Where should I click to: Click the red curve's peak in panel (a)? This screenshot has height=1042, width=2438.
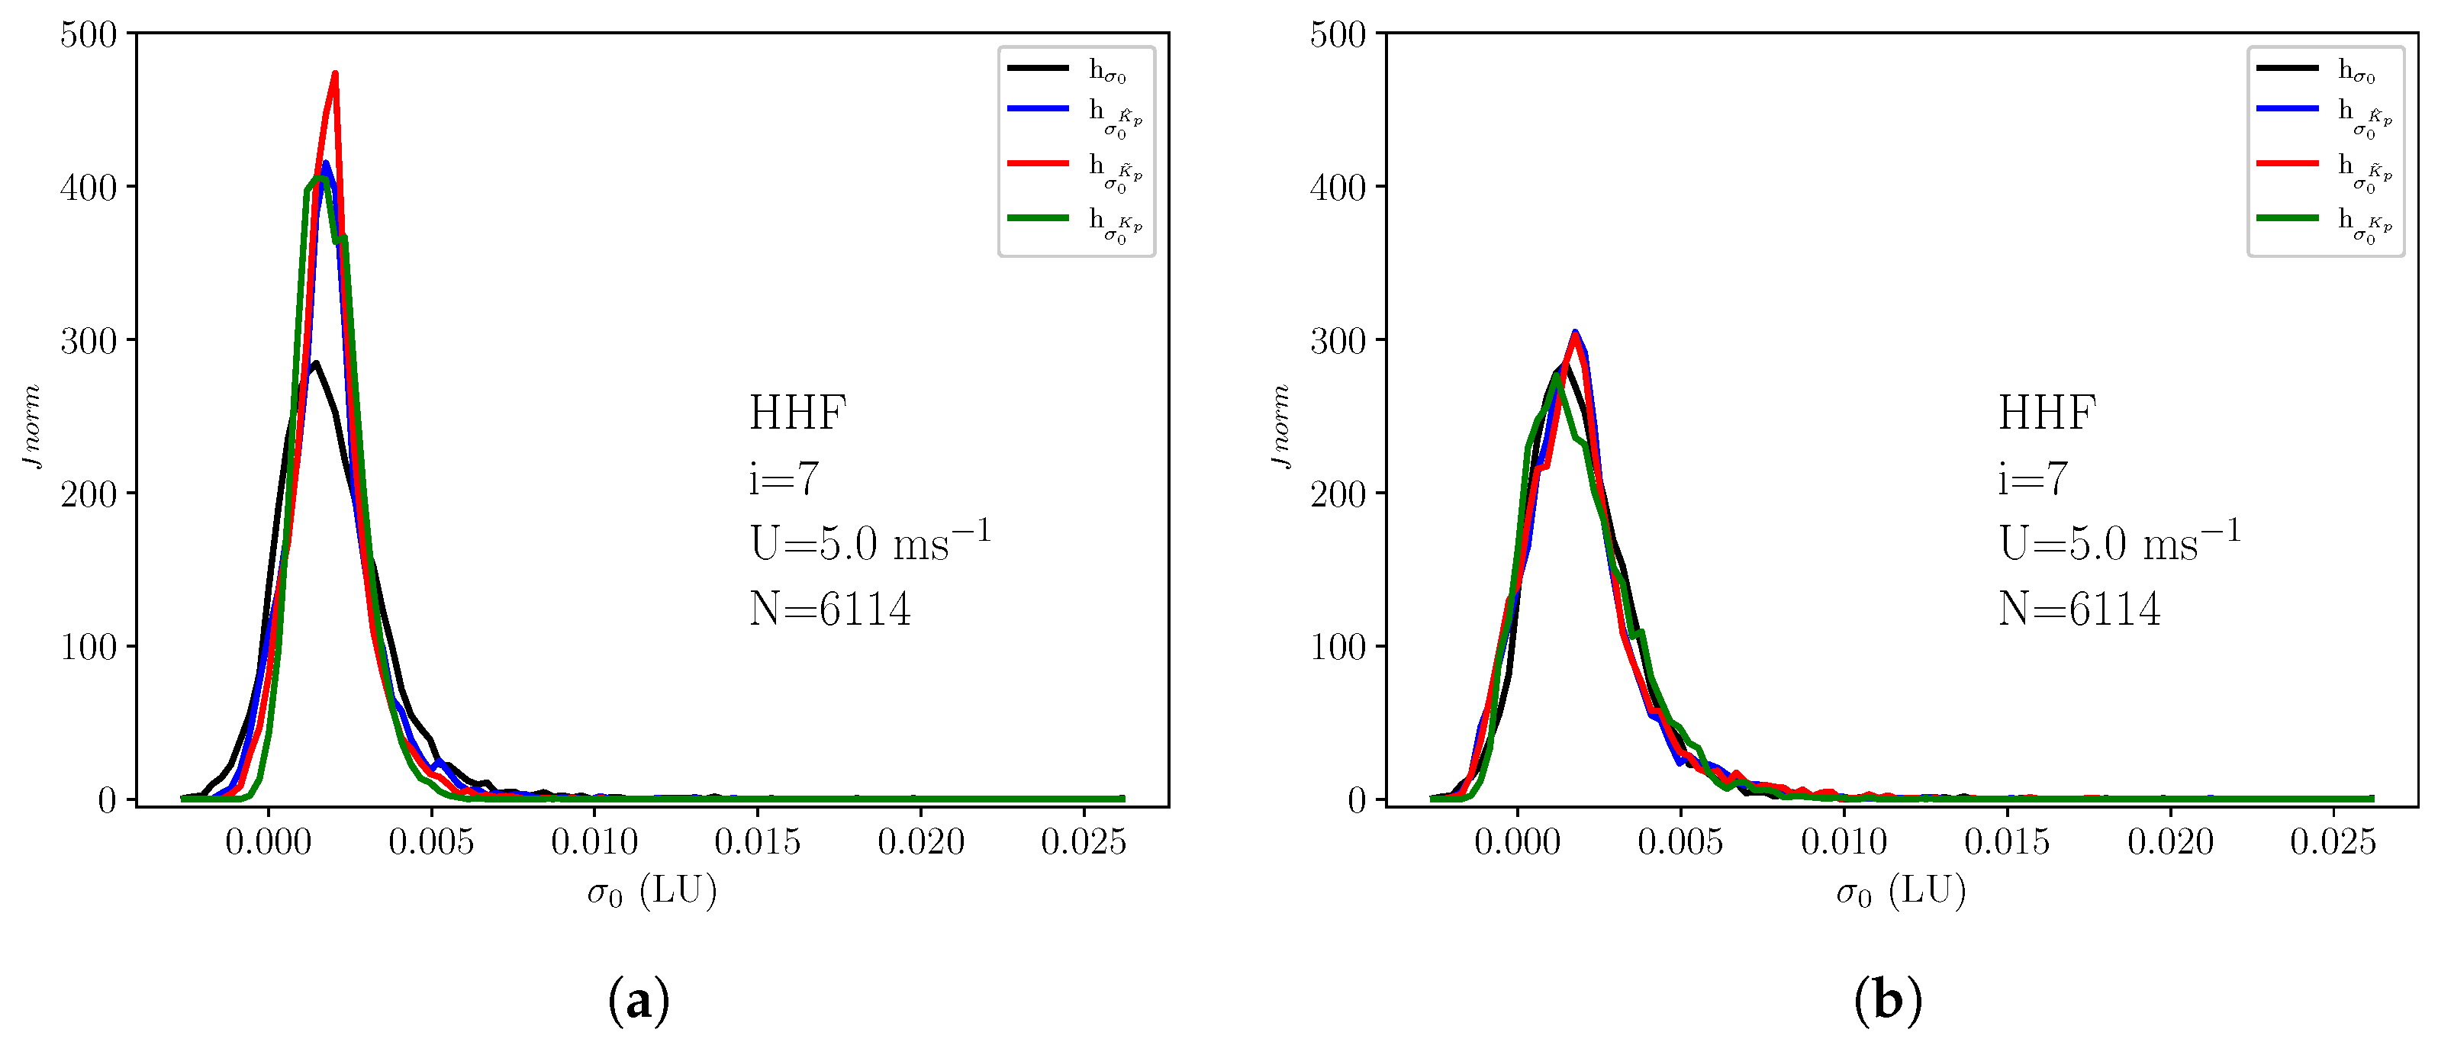pyautogui.click(x=335, y=75)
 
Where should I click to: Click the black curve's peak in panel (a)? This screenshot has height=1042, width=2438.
pyautogui.click(x=315, y=362)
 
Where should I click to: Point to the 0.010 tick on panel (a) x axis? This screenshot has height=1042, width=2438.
pyautogui.click(x=594, y=841)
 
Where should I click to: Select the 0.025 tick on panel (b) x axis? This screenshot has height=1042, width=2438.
pyautogui.click(x=2333, y=841)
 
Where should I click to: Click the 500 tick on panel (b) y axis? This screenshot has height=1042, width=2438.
pyautogui.click(x=1338, y=35)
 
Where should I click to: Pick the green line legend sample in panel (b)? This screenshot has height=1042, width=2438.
pyautogui.click(x=2287, y=217)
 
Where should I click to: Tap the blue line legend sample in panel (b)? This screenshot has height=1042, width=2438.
pyautogui.click(x=2287, y=109)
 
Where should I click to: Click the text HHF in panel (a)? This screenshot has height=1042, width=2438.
pyautogui.click(x=797, y=413)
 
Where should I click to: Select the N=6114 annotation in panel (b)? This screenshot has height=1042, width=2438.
pyautogui.click(x=2079, y=609)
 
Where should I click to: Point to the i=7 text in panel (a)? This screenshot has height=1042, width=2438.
pyautogui.click(x=783, y=479)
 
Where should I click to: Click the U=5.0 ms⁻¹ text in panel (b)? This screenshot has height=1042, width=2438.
pyautogui.click(x=2119, y=542)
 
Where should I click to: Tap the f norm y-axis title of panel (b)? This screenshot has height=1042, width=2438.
pyautogui.click(x=1280, y=425)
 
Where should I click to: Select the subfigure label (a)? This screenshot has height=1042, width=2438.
pyautogui.click(x=638, y=1000)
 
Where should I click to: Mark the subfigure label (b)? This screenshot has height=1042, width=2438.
pyautogui.click(x=1887, y=1000)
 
